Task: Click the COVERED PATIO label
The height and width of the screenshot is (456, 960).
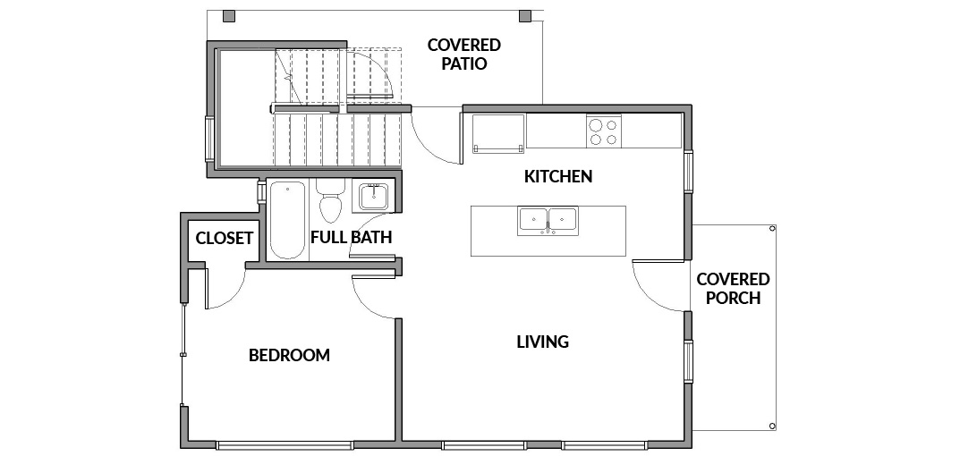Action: pyautogui.click(x=464, y=54)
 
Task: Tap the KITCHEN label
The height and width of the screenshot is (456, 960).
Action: pyautogui.click(x=558, y=176)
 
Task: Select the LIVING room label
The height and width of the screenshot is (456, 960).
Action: pyautogui.click(x=543, y=342)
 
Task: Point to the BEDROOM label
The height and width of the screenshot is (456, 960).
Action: pyautogui.click(x=289, y=355)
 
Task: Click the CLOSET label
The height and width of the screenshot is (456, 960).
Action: pyautogui.click(x=224, y=238)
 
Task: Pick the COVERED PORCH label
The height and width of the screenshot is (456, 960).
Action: pyautogui.click(x=733, y=288)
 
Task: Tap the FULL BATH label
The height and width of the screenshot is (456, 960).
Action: pyautogui.click(x=351, y=237)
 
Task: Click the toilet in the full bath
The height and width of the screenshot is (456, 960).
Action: pyautogui.click(x=331, y=201)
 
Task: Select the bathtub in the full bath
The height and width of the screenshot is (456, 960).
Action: pyautogui.click(x=287, y=220)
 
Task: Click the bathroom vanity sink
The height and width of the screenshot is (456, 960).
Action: pyautogui.click(x=373, y=197)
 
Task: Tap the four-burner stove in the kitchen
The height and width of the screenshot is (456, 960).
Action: pyautogui.click(x=603, y=131)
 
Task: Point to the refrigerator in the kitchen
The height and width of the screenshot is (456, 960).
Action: pyautogui.click(x=497, y=133)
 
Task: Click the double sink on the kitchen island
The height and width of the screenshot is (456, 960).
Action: pyautogui.click(x=548, y=220)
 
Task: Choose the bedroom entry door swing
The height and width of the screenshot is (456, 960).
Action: pyautogui.click(x=366, y=306)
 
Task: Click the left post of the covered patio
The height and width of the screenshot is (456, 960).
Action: pyautogui.click(x=228, y=16)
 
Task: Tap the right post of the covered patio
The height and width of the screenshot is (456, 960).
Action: pyautogui.click(x=525, y=16)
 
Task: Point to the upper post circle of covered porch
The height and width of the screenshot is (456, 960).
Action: pyautogui.click(x=772, y=228)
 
